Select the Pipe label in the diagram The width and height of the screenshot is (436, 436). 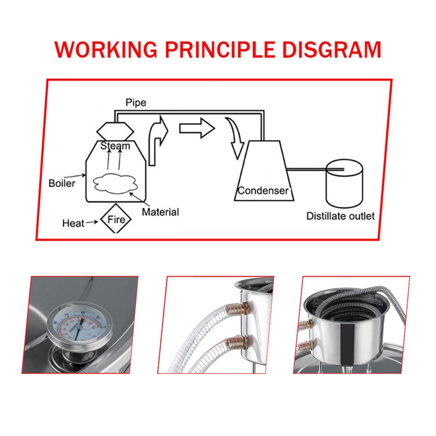(136, 103)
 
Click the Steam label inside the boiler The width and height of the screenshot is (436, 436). (115, 146)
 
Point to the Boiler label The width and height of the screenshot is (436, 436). (62, 184)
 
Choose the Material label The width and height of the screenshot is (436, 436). (160, 212)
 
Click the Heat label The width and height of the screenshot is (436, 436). (73, 223)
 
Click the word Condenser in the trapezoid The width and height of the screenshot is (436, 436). (263, 190)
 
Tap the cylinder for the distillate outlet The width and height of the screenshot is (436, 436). (344, 183)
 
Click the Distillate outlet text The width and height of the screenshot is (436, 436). (340, 216)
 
